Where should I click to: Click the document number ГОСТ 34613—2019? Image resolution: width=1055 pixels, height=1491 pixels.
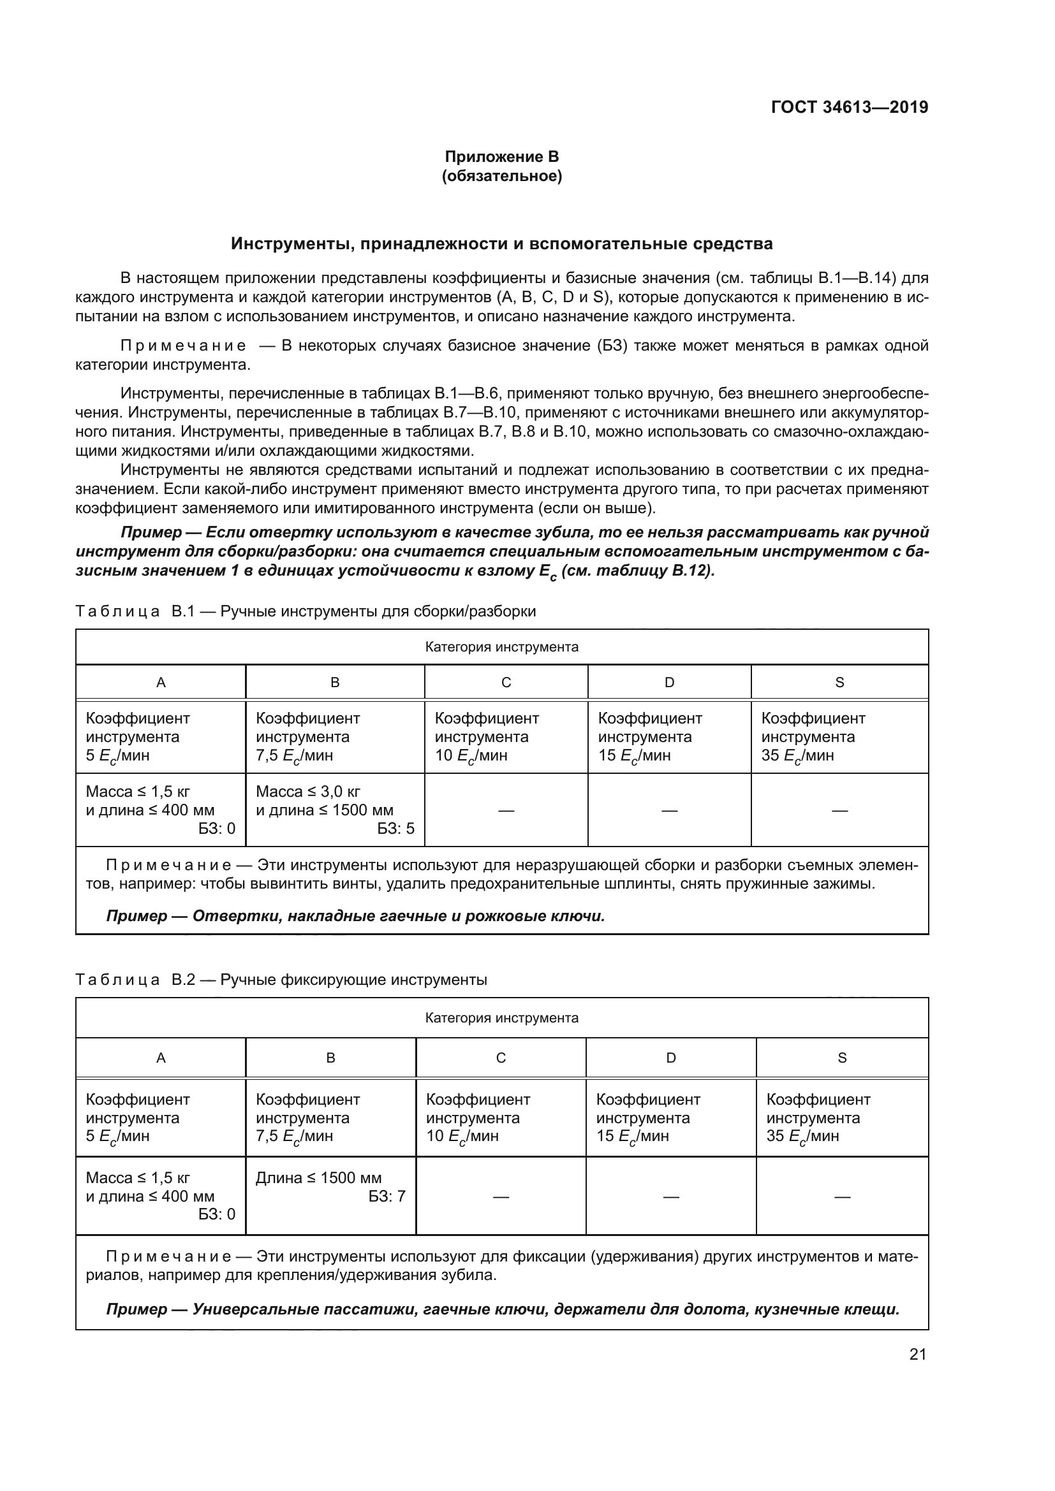click(849, 107)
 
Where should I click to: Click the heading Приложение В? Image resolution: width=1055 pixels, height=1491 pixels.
click(501, 157)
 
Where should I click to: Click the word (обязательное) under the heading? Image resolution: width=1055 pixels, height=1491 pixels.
click(501, 176)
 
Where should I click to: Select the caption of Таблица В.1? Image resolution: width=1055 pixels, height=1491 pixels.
click(306, 611)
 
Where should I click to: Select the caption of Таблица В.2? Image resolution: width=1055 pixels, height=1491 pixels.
click(281, 979)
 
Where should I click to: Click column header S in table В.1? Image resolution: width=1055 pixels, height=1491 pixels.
click(839, 683)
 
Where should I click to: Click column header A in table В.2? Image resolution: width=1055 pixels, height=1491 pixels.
click(161, 1058)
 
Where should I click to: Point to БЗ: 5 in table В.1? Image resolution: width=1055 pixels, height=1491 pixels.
click(395, 829)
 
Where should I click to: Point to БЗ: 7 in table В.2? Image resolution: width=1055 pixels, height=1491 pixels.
click(387, 1196)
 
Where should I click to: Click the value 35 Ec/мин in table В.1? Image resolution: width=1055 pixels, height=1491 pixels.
click(797, 755)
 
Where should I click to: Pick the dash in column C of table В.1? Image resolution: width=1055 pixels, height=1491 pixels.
click(506, 810)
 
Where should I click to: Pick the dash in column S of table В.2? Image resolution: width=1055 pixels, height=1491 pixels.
click(842, 1196)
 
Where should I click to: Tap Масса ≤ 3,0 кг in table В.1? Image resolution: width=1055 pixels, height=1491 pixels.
click(308, 792)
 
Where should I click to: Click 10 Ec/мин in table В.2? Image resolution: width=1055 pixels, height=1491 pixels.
click(462, 1136)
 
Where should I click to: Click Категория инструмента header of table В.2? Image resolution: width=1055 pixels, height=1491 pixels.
click(501, 1017)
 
